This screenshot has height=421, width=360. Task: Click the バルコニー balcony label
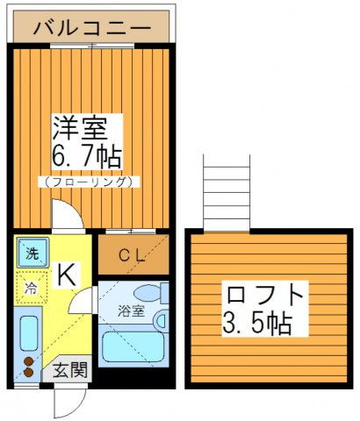pos(91,28)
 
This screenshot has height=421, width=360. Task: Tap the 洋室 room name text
pos(79,128)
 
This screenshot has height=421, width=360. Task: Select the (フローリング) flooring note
pos(89,182)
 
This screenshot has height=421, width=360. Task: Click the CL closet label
pos(132,256)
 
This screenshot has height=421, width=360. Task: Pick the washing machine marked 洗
pos(32,253)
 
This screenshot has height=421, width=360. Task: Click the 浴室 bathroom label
pos(131,311)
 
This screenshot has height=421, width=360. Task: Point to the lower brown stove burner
pos(28,373)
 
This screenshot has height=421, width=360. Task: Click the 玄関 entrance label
pos(70,370)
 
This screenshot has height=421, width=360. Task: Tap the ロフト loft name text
pos(265,296)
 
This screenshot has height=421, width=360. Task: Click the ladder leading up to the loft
pos(227,193)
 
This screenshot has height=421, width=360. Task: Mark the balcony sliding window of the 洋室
pos(92,46)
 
